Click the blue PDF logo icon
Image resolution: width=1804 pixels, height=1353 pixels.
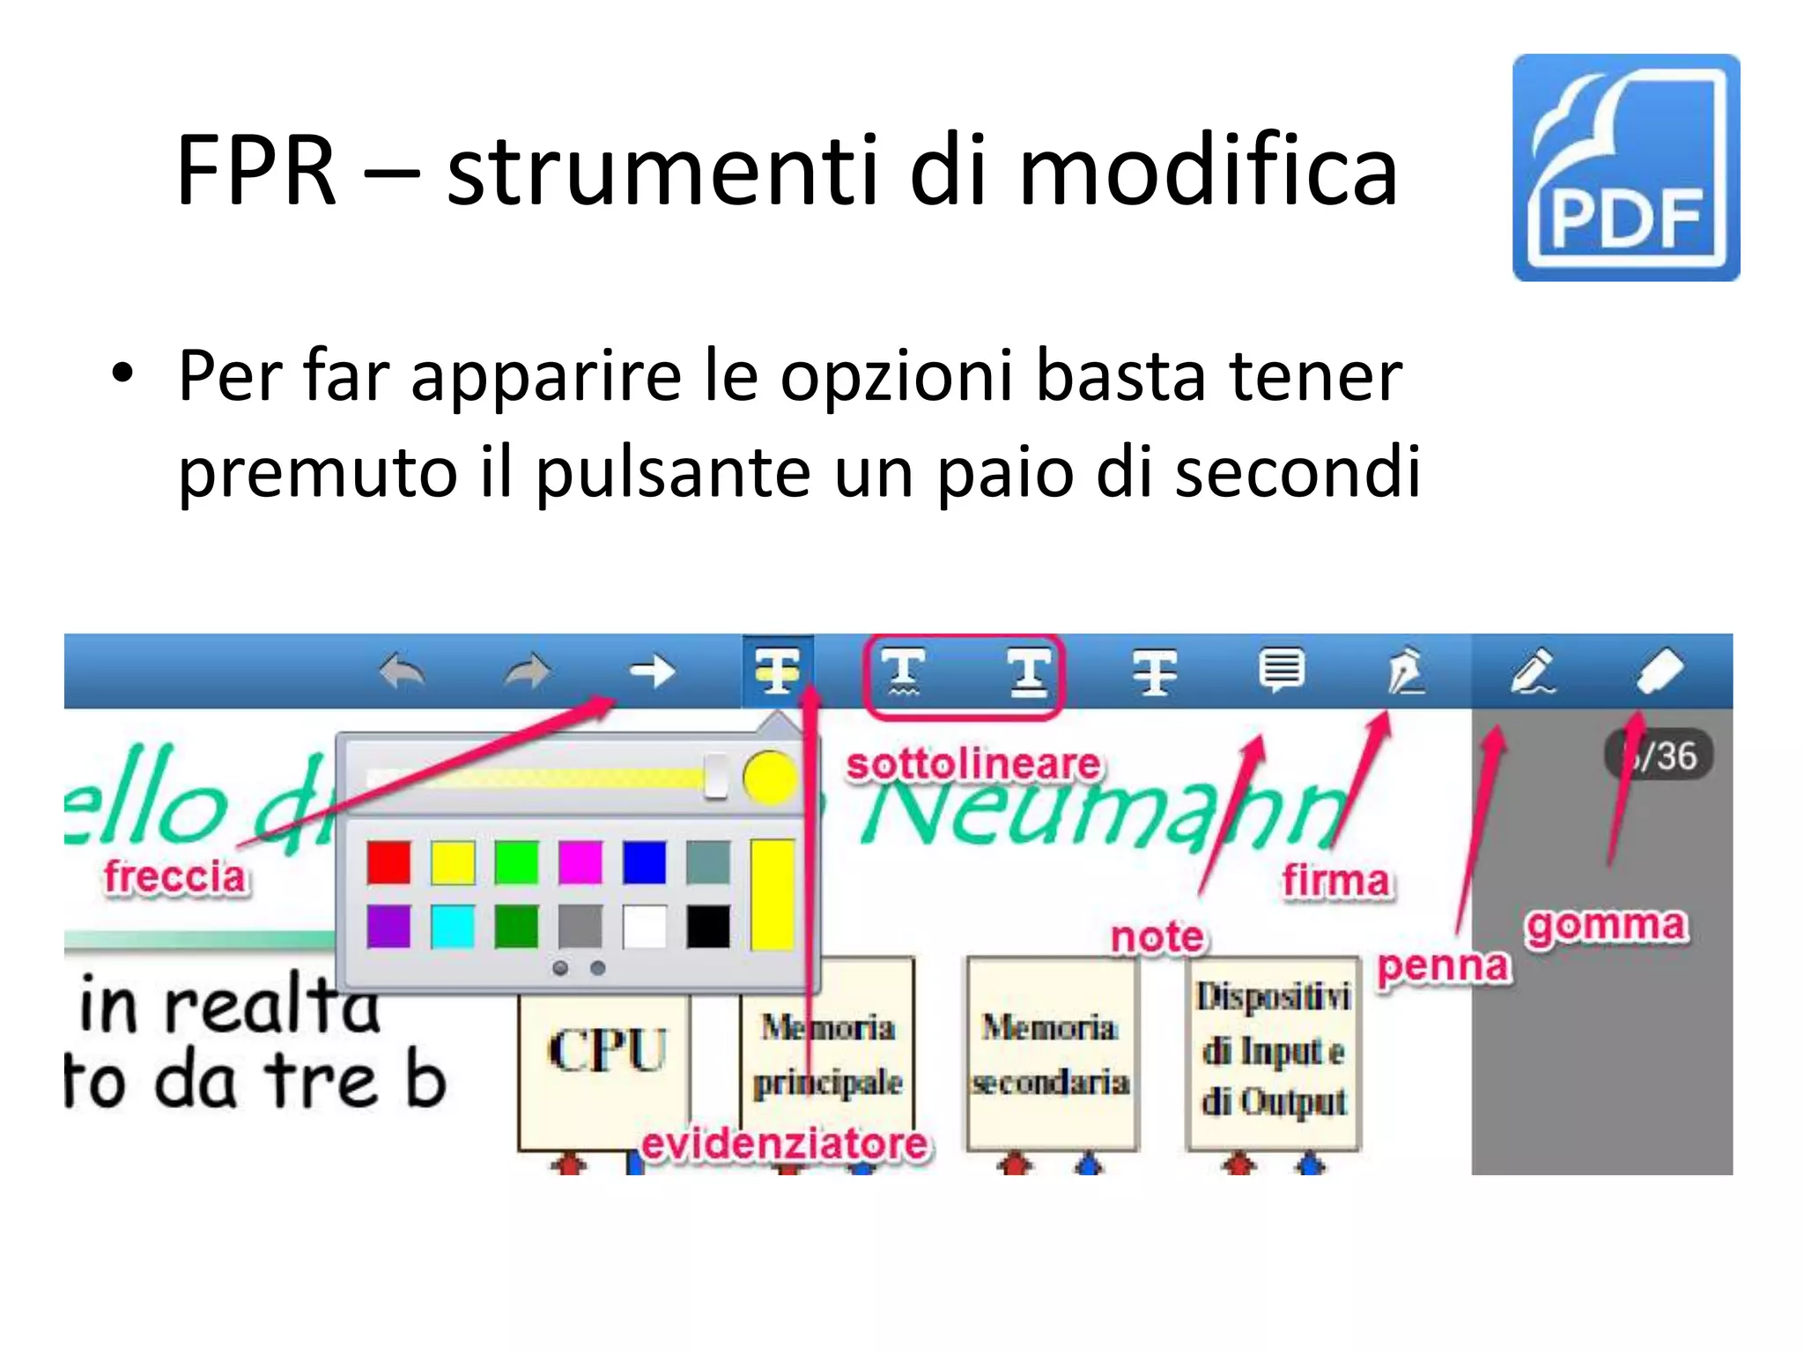pos(1625,168)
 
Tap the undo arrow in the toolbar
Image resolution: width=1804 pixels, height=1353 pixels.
pos(402,672)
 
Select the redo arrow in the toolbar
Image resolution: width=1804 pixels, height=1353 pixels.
pos(528,672)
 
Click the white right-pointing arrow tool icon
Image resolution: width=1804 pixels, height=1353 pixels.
pos(652,672)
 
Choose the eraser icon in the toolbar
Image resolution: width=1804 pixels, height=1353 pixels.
pos(1660,672)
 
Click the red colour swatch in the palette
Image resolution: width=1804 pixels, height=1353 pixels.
pos(388,862)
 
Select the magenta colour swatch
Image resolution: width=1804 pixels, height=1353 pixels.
pos(580,862)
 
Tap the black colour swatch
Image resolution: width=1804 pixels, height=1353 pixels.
pos(708,927)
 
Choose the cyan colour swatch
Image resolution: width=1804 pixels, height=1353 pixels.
pos(453,927)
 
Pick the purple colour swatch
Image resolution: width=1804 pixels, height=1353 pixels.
pos(388,927)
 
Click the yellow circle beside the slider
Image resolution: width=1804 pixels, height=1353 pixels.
pos(769,778)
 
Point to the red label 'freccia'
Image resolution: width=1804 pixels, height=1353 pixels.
pos(175,877)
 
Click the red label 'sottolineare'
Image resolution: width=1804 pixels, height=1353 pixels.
pos(972,765)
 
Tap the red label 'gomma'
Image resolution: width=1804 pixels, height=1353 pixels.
pos(1607,926)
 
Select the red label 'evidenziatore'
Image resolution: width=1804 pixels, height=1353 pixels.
pos(784,1144)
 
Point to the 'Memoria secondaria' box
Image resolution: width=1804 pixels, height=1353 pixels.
pos(1050,1054)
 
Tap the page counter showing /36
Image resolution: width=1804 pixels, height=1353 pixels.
pos(1660,756)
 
